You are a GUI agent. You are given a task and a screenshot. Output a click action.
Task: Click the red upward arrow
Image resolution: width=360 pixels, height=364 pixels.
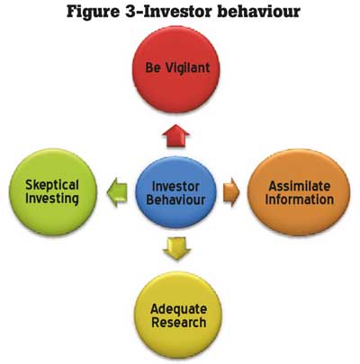pyautogui.click(x=175, y=136)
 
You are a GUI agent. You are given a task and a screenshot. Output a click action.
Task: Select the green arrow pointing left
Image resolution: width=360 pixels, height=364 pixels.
pyautogui.click(x=117, y=192)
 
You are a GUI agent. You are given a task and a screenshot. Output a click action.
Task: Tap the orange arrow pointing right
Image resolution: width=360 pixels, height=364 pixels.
pyautogui.click(x=231, y=192)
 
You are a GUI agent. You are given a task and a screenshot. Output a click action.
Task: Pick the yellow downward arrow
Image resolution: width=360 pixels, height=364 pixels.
pyautogui.click(x=176, y=248)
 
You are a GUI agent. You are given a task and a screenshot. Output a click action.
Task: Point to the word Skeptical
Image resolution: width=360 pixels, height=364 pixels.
pyautogui.click(x=52, y=185)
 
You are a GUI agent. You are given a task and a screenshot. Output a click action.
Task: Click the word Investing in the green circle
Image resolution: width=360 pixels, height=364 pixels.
pyautogui.click(x=52, y=199)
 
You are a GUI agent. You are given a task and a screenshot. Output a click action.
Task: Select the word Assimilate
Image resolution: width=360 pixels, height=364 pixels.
pyautogui.click(x=299, y=186)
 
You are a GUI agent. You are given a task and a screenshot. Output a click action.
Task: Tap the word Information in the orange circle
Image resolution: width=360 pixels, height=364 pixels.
pyautogui.click(x=300, y=200)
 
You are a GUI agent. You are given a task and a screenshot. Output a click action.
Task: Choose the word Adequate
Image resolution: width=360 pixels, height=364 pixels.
pyautogui.click(x=178, y=309)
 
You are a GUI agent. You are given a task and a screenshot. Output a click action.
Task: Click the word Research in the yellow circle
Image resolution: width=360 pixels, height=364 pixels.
pyautogui.click(x=179, y=323)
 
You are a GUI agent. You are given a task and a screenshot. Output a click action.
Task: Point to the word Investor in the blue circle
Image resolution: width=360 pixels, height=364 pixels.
pyautogui.click(x=175, y=186)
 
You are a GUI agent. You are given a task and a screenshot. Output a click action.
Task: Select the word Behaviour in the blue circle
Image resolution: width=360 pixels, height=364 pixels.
pyautogui.click(x=175, y=200)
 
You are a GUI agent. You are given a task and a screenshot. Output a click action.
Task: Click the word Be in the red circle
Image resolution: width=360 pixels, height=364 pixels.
pyautogui.click(x=152, y=67)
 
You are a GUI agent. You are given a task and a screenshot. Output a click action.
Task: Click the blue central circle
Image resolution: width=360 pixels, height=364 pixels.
pyautogui.click(x=175, y=192)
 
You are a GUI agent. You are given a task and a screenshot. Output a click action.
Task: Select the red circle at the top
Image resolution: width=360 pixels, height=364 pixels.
pyautogui.click(x=176, y=69)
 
